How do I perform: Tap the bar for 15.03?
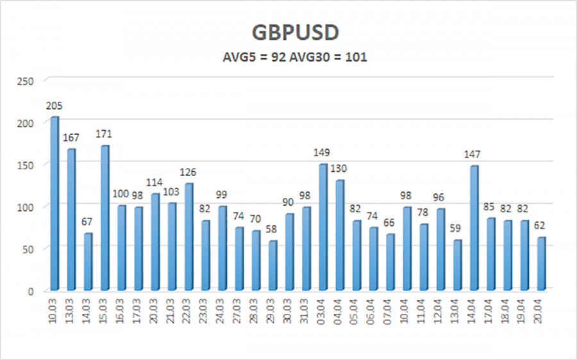pos(105,218)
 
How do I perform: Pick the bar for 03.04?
pos(323,227)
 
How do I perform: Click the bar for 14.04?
pos(473,227)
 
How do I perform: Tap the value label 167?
pos(72,138)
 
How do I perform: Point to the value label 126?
pos(188,172)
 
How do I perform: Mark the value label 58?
pos(272,229)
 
